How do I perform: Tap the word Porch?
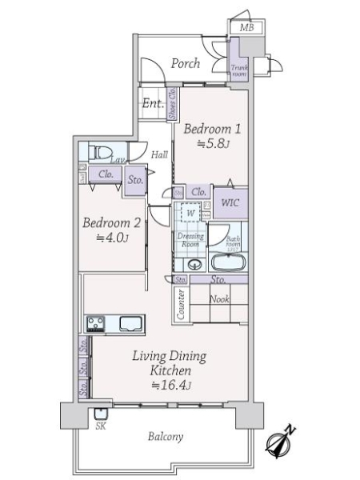(x=186, y=63)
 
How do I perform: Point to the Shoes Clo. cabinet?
(x=172, y=106)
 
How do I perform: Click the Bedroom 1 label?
(x=212, y=129)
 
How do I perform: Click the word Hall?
(x=159, y=154)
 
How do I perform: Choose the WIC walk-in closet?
(x=230, y=203)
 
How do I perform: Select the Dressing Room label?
(x=190, y=241)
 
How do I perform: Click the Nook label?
(x=220, y=299)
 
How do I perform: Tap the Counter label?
(x=182, y=305)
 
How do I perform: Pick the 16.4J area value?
(x=169, y=385)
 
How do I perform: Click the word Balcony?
(x=166, y=437)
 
